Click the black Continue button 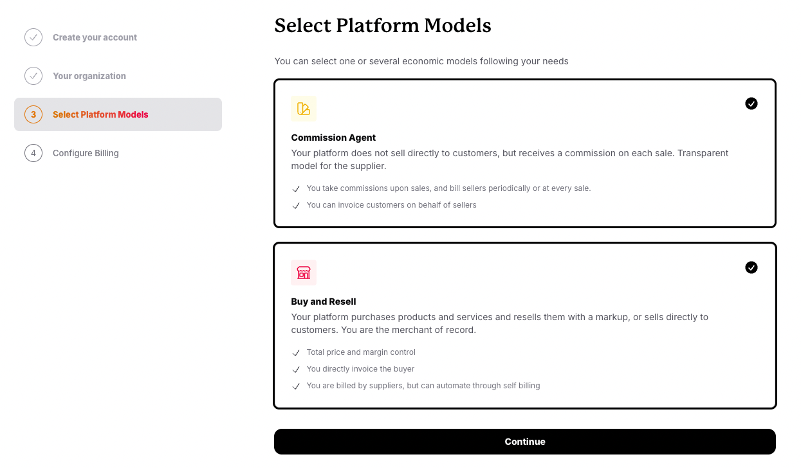pos(524,442)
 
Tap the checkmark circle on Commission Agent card pos(751,104)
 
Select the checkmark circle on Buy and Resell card pos(751,267)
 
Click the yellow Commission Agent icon pos(304,109)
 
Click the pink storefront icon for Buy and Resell pos(304,273)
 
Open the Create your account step pos(95,37)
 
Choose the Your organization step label pos(89,76)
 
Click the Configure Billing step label pos(86,153)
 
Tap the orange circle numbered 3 pos(33,114)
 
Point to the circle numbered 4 pos(33,153)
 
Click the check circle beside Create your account pos(33,37)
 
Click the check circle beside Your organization pos(33,76)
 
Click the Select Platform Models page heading pos(382,26)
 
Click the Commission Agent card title pos(333,138)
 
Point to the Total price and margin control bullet pos(361,352)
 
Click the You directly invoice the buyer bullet pos(360,369)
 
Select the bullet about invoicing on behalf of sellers pos(391,205)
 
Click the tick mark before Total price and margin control pos(296,353)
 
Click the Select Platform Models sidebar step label pos(100,114)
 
